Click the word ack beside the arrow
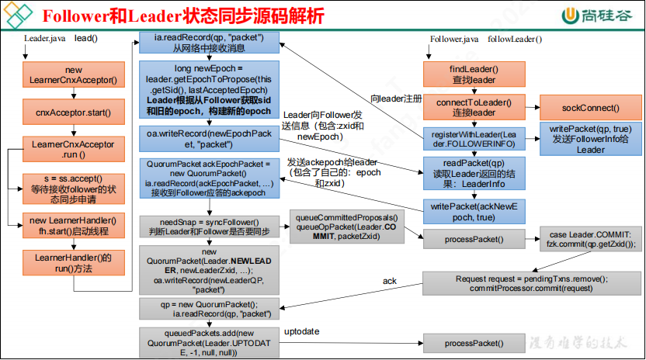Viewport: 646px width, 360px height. click(389, 280)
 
